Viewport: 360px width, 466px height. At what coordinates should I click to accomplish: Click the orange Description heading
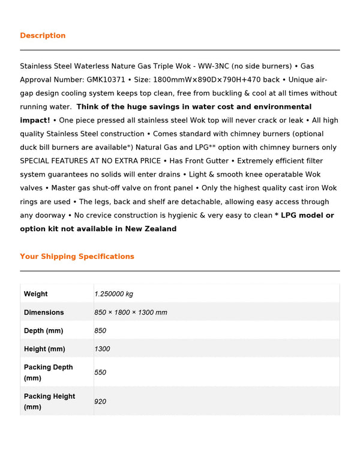[x=43, y=35]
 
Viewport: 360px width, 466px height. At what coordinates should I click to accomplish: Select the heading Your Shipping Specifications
[x=77, y=256]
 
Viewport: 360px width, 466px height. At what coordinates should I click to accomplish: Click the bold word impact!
[x=35, y=120]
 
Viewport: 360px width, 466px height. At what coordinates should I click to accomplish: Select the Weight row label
[x=35, y=294]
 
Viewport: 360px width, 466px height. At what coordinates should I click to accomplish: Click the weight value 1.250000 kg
[x=113, y=294]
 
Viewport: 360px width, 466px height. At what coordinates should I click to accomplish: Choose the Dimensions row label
[x=43, y=312]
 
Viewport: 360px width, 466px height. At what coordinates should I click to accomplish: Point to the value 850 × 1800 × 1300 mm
[x=130, y=312]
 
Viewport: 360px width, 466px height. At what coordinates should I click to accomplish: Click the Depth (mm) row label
[x=43, y=331]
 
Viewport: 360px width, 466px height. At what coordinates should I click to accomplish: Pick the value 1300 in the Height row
[x=102, y=349]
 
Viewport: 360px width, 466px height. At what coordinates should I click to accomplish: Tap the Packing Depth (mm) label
[x=48, y=372]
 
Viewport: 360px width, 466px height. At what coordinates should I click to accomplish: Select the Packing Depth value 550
[x=100, y=372]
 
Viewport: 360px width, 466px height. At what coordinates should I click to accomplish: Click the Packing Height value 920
[x=100, y=401]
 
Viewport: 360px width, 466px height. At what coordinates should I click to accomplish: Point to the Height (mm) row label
[x=44, y=349]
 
